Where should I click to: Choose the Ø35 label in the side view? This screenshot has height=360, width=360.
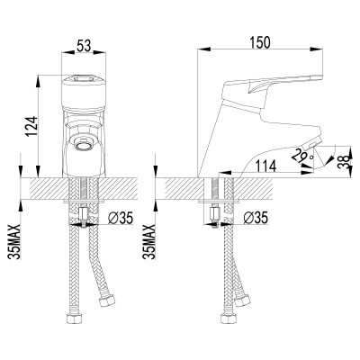(x=256, y=216)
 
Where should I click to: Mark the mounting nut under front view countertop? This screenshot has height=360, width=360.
(x=83, y=216)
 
